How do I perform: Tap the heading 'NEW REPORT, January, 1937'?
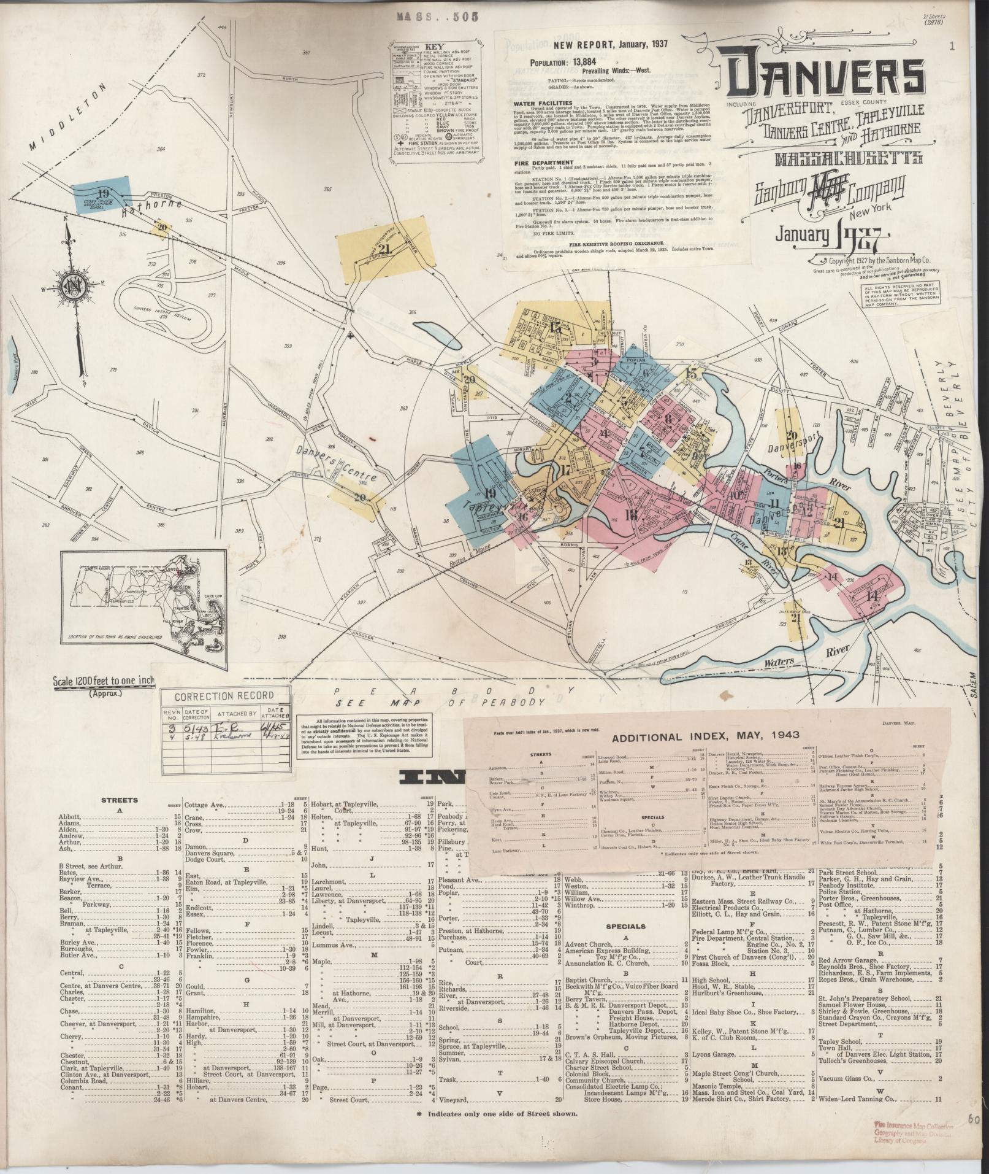(609, 44)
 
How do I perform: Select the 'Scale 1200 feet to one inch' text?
(105, 681)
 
